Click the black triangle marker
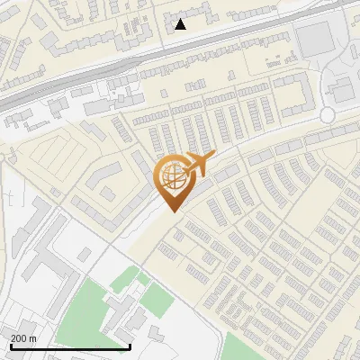(x=181, y=24)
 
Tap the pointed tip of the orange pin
(x=174, y=211)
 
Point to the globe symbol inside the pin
(x=173, y=178)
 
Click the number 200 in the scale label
(x=19, y=337)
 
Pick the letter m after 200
(x=32, y=337)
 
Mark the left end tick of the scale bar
(x=10, y=346)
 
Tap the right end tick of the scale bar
(x=130, y=346)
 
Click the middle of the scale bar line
(x=70, y=347)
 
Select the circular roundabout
(x=328, y=114)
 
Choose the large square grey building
(x=314, y=39)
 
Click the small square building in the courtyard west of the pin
(x=107, y=193)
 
